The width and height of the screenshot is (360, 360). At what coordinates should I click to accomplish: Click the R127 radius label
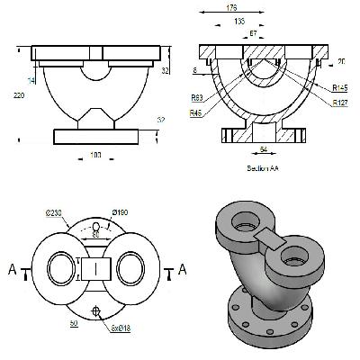click(339, 103)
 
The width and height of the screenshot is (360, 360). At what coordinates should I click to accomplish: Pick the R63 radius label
click(196, 97)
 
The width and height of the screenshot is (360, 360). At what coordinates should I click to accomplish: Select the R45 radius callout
click(196, 114)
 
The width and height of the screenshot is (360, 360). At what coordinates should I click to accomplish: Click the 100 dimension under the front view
click(94, 157)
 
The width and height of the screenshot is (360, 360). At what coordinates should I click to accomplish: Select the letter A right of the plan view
click(183, 269)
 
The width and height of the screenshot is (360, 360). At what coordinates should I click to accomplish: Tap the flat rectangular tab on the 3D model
click(268, 235)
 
